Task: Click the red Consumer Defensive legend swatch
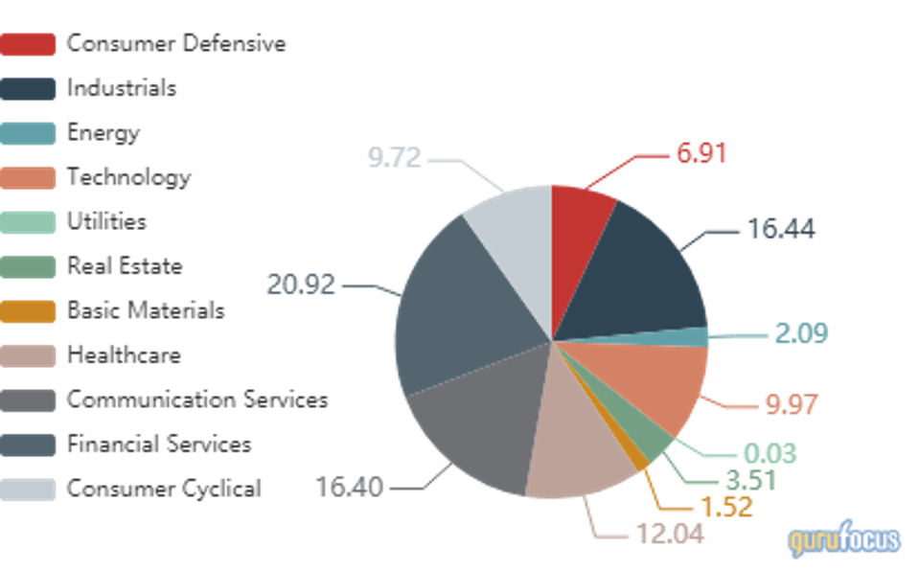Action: (x=28, y=44)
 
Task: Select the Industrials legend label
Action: (x=121, y=88)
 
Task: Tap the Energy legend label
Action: (x=103, y=132)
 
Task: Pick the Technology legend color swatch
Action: (x=28, y=177)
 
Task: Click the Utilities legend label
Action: (x=106, y=221)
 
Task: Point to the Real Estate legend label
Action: (x=124, y=265)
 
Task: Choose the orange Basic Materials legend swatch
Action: (x=28, y=310)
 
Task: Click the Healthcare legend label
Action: (x=123, y=355)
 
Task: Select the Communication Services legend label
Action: (x=196, y=399)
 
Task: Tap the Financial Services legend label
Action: (x=158, y=445)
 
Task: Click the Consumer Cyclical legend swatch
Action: (x=28, y=489)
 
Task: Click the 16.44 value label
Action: (x=780, y=230)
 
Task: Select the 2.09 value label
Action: (x=800, y=333)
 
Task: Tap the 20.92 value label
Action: (x=301, y=285)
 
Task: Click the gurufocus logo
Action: (x=843, y=539)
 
